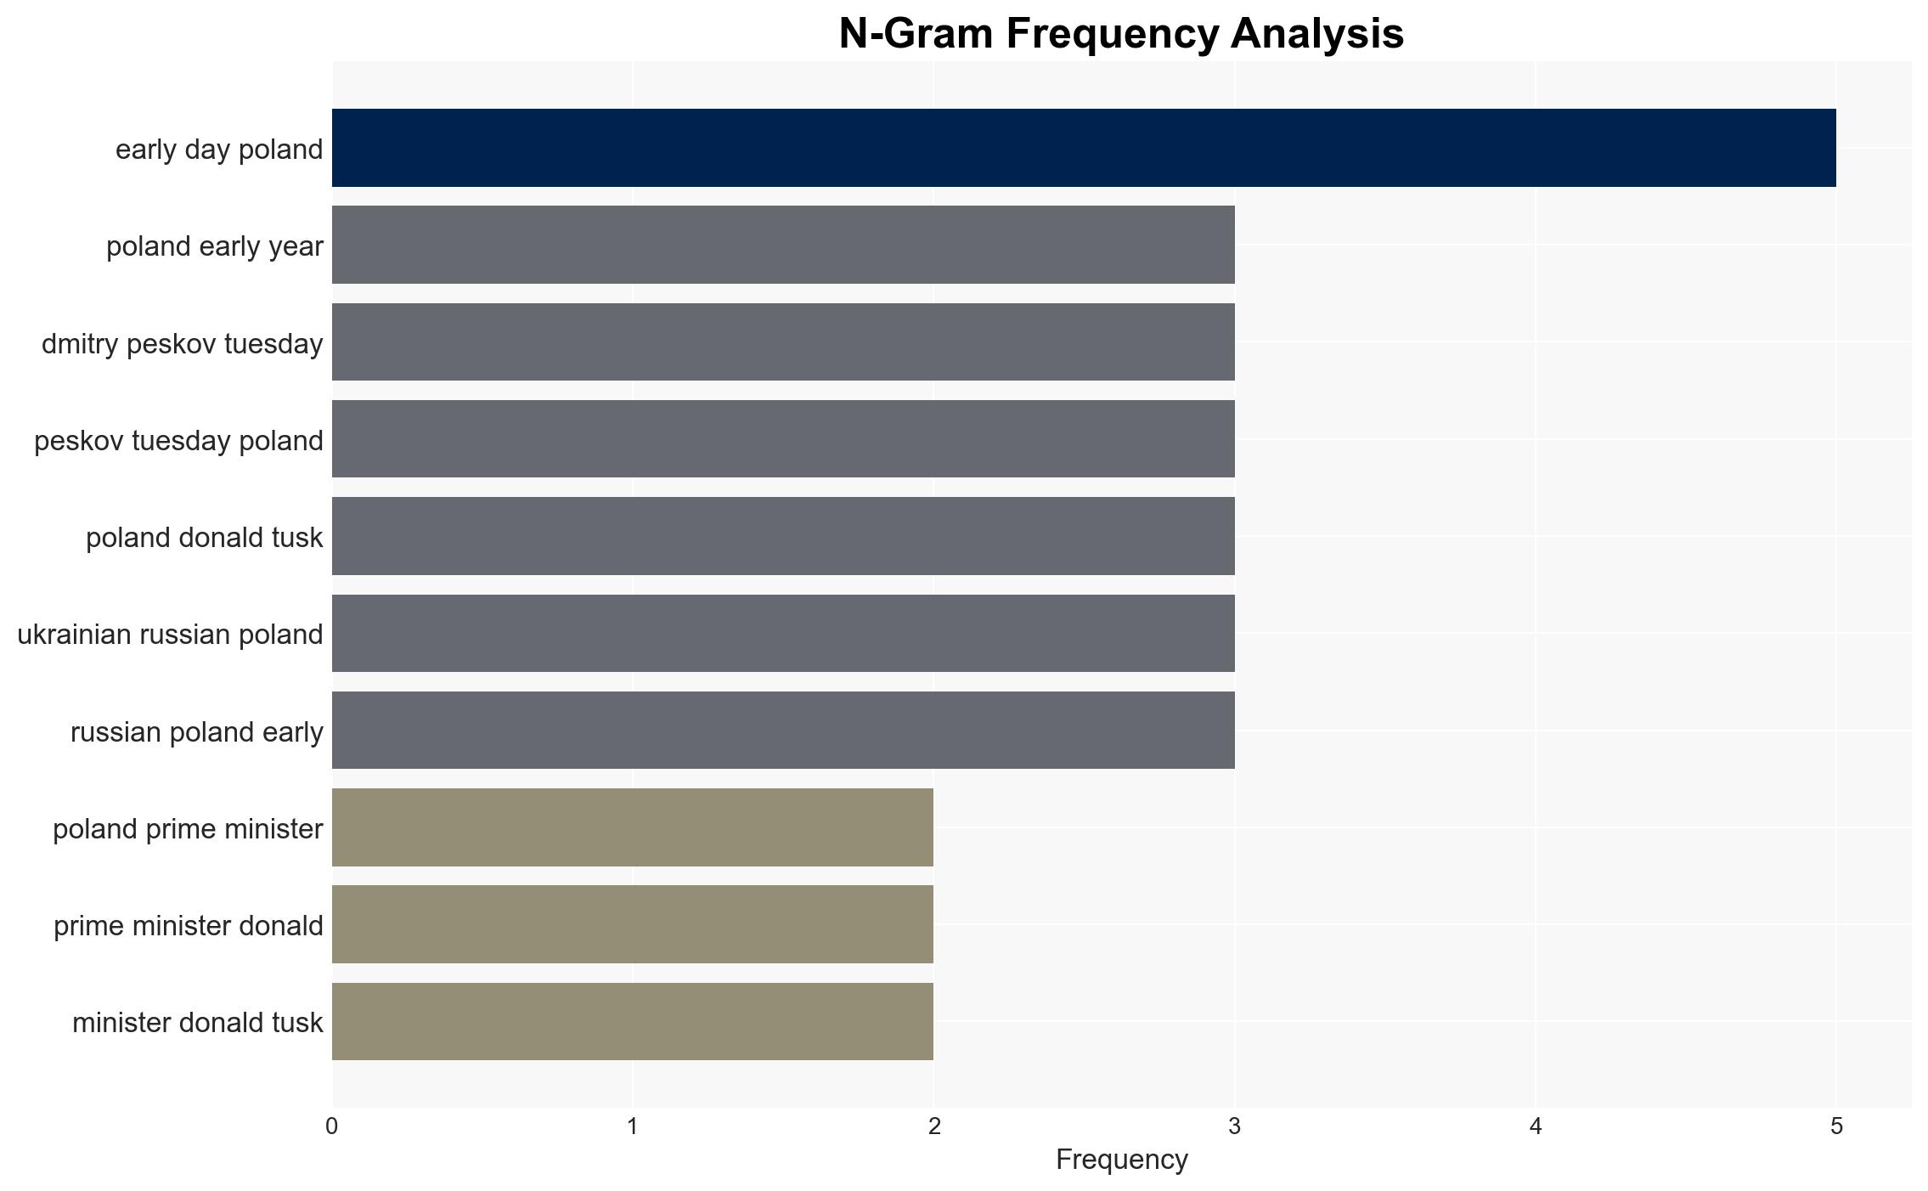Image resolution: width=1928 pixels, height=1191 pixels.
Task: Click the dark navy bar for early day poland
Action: pyautogui.click(x=1084, y=148)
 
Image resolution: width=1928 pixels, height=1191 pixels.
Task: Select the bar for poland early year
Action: pyautogui.click(x=783, y=245)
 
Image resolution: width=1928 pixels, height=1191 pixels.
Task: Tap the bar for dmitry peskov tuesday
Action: pyautogui.click(x=783, y=341)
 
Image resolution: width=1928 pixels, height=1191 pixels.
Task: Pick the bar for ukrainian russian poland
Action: pyautogui.click(x=783, y=633)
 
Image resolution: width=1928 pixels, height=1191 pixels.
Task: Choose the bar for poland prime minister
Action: pyautogui.click(x=633, y=827)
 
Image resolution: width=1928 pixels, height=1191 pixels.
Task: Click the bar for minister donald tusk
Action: pyautogui.click(x=633, y=1021)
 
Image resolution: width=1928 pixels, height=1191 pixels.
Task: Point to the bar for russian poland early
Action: pyautogui.click(x=783, y=731)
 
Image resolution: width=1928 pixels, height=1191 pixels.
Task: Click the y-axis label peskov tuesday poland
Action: pyautogui.click(x=178, y=441)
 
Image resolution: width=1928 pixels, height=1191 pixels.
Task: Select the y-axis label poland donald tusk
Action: pyautogui.click(x=205, y=538)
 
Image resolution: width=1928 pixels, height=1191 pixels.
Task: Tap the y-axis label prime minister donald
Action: pyautogui.click(x=189, y=926)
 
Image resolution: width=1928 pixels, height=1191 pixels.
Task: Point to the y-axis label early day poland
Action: pyautogui.click(x=219, y=150)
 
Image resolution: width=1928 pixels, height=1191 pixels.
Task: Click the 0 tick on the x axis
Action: pyautogui.click(x=331, y=1126)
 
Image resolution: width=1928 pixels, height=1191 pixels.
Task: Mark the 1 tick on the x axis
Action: pyautogui.click(x=633, y=1126)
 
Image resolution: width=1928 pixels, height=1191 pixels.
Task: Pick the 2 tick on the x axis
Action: pyautogui.click(x=934, y=1126)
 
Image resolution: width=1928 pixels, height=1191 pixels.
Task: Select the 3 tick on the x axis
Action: pyautogui.click(x=1234, y=1126)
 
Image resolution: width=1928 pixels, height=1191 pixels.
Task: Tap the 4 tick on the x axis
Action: pyautogui.click(x=1536, y=1126)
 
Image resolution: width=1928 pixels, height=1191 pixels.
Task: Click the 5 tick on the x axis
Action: pyautogui.click(x=1837, y=1126)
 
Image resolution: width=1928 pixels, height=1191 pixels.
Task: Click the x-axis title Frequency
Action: pyautogui.click(x=1121, y=1160)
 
